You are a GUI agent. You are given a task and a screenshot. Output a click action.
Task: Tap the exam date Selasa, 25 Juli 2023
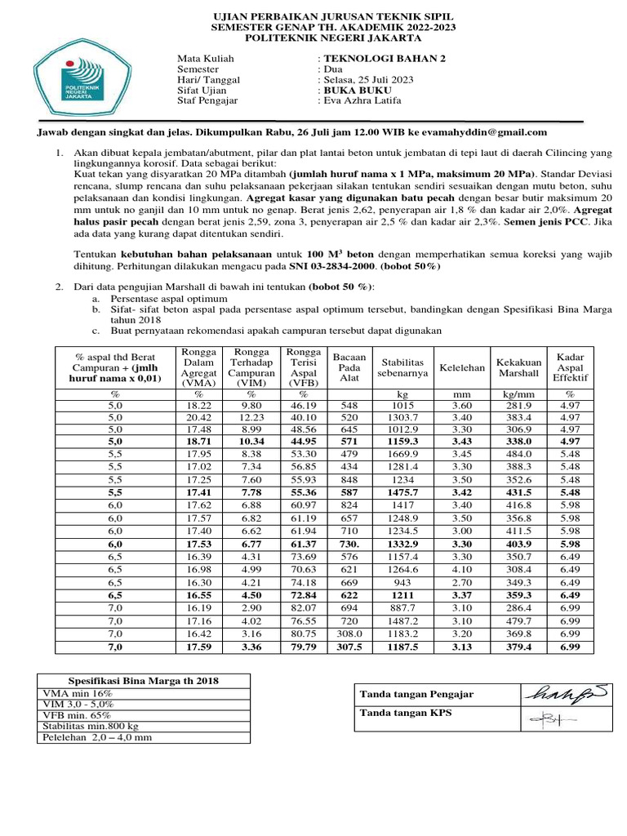[368, 80]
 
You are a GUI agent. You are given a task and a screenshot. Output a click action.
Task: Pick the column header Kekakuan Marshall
[518, 367]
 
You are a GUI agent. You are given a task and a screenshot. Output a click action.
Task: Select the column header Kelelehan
[462, 367]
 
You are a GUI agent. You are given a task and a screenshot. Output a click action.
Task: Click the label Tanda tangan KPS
[394, 713]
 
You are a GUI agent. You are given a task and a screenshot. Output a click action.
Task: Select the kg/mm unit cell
[518, 394]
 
